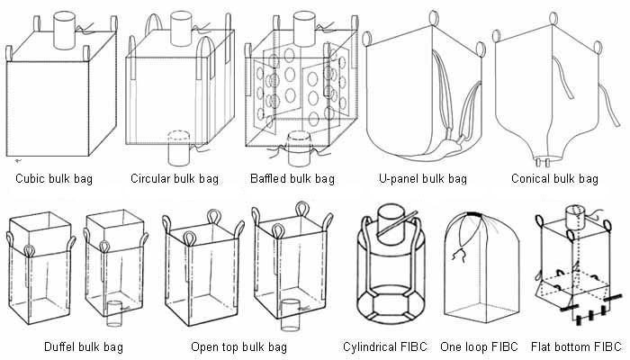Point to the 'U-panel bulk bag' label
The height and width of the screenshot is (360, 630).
[x=424, y=178]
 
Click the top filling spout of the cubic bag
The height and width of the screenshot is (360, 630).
[x=66, y=29]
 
